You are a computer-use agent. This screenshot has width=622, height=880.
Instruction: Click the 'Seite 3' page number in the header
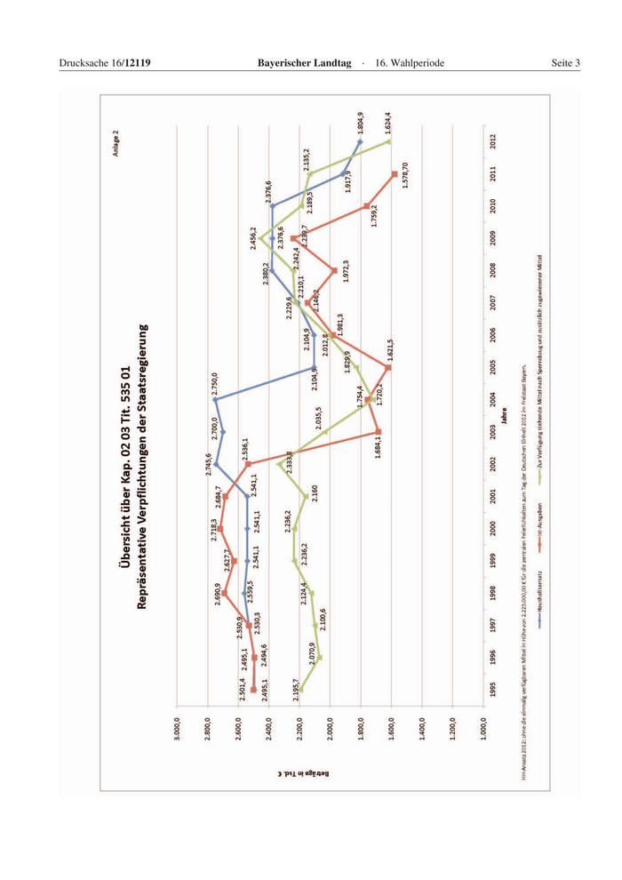[x=564, y=62]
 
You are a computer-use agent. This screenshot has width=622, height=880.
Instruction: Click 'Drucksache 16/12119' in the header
[x=105, y=62]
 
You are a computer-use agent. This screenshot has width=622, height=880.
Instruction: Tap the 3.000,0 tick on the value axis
[x=180, y=734]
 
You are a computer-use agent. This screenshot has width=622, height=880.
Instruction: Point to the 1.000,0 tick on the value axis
[x=482, y=734]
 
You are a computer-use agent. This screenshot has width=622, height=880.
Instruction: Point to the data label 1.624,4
[x=388, y=124]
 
